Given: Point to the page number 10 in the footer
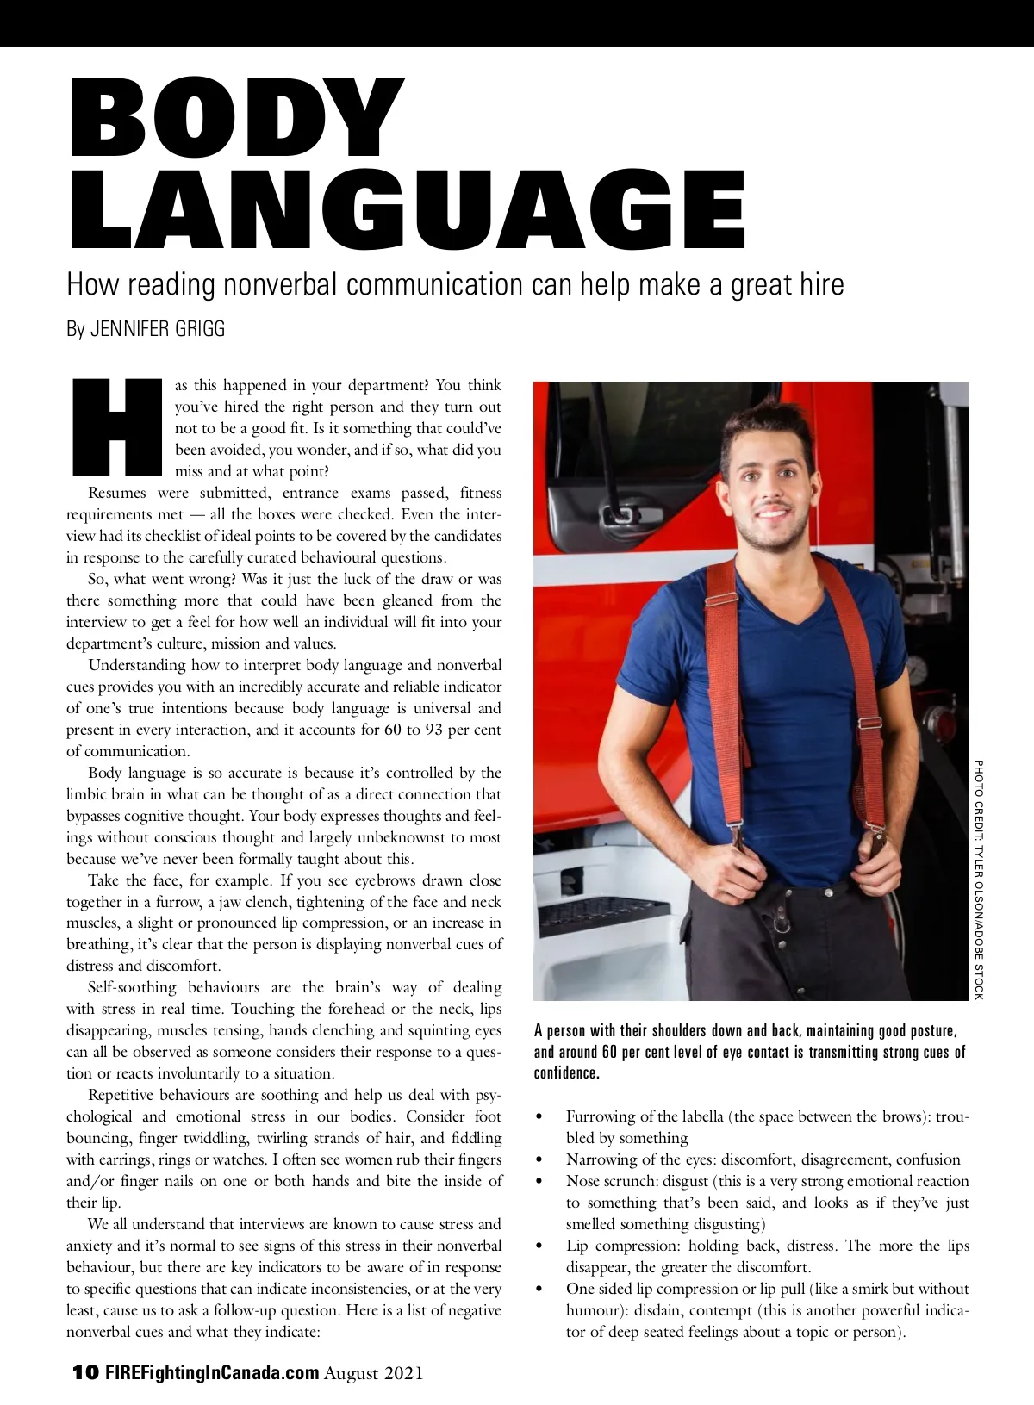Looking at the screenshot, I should pos(85,1372).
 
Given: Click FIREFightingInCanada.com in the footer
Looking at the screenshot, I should pos(212,1372).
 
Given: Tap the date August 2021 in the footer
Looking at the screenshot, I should pos(374,1372).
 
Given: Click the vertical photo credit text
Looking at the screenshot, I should pos(978,879).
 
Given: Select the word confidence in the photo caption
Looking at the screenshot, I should pos(566,1073).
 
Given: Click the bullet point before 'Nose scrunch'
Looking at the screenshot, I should pos(539,1182).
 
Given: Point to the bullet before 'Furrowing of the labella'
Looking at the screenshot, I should pos(539,1117).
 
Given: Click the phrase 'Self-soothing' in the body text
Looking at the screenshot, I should pos(132,987).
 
